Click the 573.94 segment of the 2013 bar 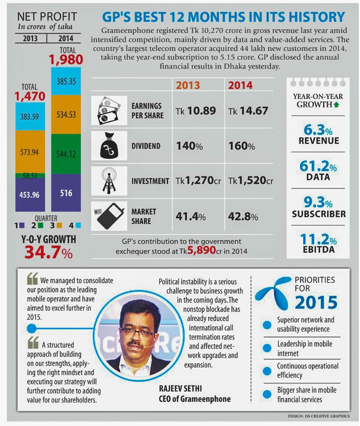tap(30, 152)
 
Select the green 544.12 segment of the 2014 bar tap(66, 154)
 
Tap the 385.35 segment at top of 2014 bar tap(66, 81)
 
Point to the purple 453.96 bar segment tap(30, 195)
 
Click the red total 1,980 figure tap(66, 60)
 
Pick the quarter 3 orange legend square tap(59, 225)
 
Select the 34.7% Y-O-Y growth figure tap(49, 252)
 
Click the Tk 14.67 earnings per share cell tap(248, 111)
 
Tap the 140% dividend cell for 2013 tap(189, 146)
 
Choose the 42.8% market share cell tap(243, 216)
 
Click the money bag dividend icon tap(109, 146)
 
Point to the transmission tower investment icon tap(109, 181)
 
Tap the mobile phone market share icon tap(109, 216)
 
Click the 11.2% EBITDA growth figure tap(318, 239)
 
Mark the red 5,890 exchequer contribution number tap(201, 250)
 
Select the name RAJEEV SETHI tap(180, 388)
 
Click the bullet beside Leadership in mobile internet tap(267, 348)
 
